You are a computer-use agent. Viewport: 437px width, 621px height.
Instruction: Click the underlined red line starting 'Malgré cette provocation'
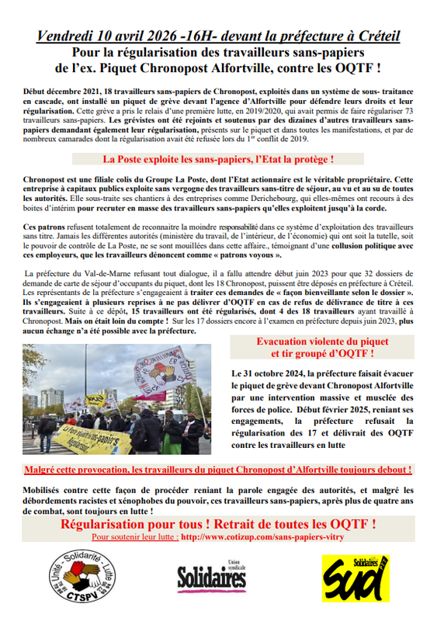[218, 470]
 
